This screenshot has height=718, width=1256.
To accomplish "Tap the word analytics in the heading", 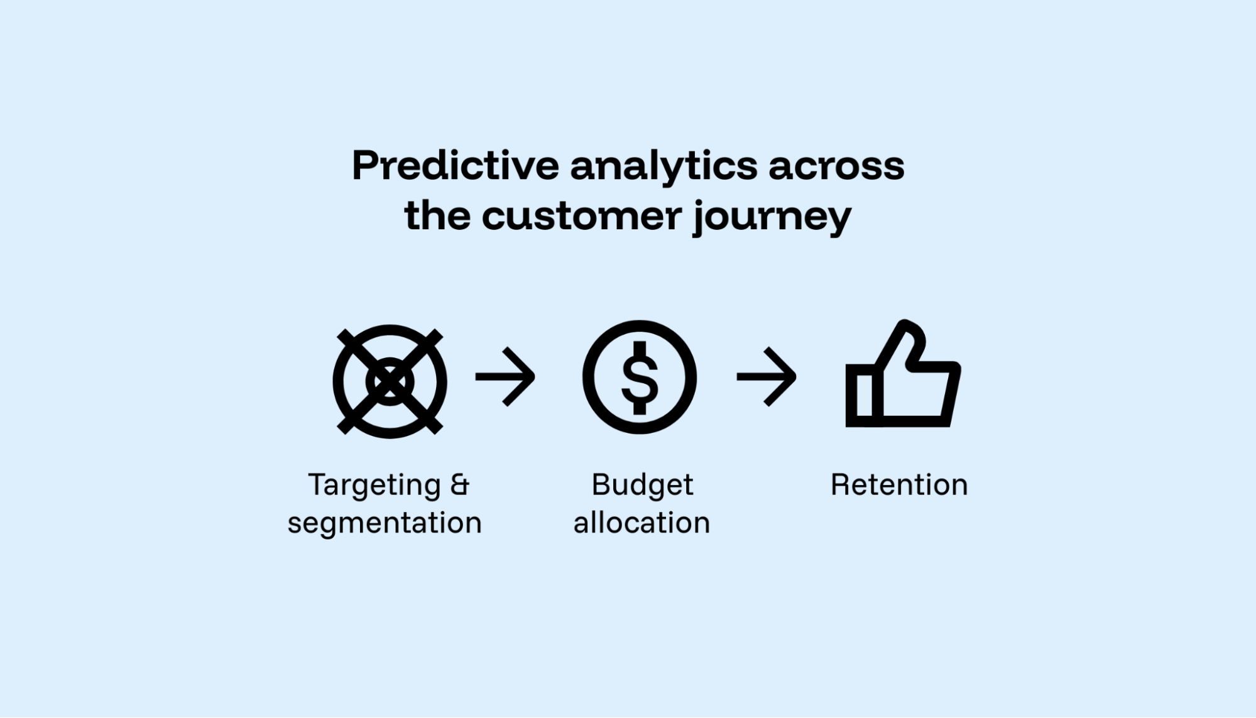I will (663, 167).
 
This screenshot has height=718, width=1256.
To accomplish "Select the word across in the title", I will (836, 167).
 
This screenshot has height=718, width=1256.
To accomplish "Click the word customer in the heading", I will (582, 217).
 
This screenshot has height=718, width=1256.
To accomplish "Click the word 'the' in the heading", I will (437, 217).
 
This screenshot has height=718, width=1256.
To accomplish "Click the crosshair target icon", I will (390, 381).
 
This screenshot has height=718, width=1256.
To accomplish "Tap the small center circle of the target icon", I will (390, 381).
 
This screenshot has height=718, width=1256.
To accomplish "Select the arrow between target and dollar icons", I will (505, 377).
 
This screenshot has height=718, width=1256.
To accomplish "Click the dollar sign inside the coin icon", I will (640, 378).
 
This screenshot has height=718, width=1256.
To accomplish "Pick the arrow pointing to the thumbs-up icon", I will (767, 377).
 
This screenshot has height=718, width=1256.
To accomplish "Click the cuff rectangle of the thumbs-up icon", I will (863, 396).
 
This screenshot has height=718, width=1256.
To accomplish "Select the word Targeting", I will (374, 486).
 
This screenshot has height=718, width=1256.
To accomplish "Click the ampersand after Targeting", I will (460, 484).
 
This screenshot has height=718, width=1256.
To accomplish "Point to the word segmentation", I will (385, 523).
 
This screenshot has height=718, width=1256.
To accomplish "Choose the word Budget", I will (642, 486).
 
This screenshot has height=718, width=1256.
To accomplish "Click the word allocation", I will (642, 523).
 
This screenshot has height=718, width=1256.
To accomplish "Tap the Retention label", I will (899, 485).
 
